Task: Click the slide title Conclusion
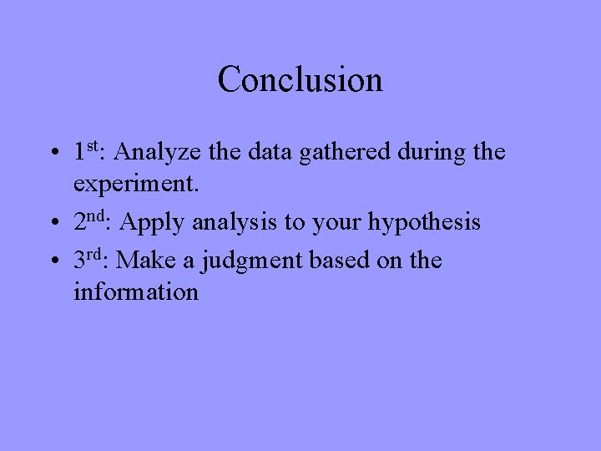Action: [x=300, y=80]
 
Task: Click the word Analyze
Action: [x=154, y=153]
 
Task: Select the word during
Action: [x=429, y=152]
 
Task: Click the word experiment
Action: [x=136, y=185]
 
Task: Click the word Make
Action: [x=147, y=261]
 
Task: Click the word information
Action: [x=136, y=292]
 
